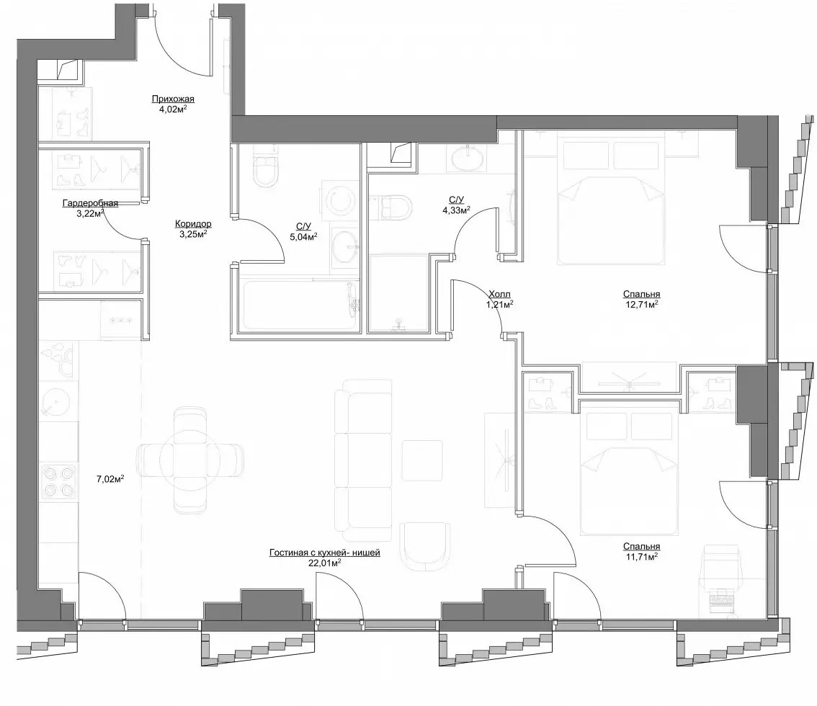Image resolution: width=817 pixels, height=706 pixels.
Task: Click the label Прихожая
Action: point(173,99)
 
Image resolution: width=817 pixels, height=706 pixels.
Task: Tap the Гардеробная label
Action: point(90,203)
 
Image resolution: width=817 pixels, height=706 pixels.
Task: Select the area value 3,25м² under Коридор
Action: point(193,234)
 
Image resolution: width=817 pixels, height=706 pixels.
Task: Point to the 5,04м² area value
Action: point(304,236)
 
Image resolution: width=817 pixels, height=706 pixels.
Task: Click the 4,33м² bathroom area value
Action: point(457,210)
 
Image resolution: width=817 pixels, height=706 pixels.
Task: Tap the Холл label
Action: point(500,295)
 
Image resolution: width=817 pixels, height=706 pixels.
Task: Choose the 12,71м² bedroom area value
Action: point(641,304)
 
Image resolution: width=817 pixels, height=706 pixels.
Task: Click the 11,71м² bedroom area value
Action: point(641,556)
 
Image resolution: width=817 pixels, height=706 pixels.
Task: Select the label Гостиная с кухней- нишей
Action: point(325,553)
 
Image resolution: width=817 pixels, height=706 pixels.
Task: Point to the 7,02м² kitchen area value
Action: point(110,479)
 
